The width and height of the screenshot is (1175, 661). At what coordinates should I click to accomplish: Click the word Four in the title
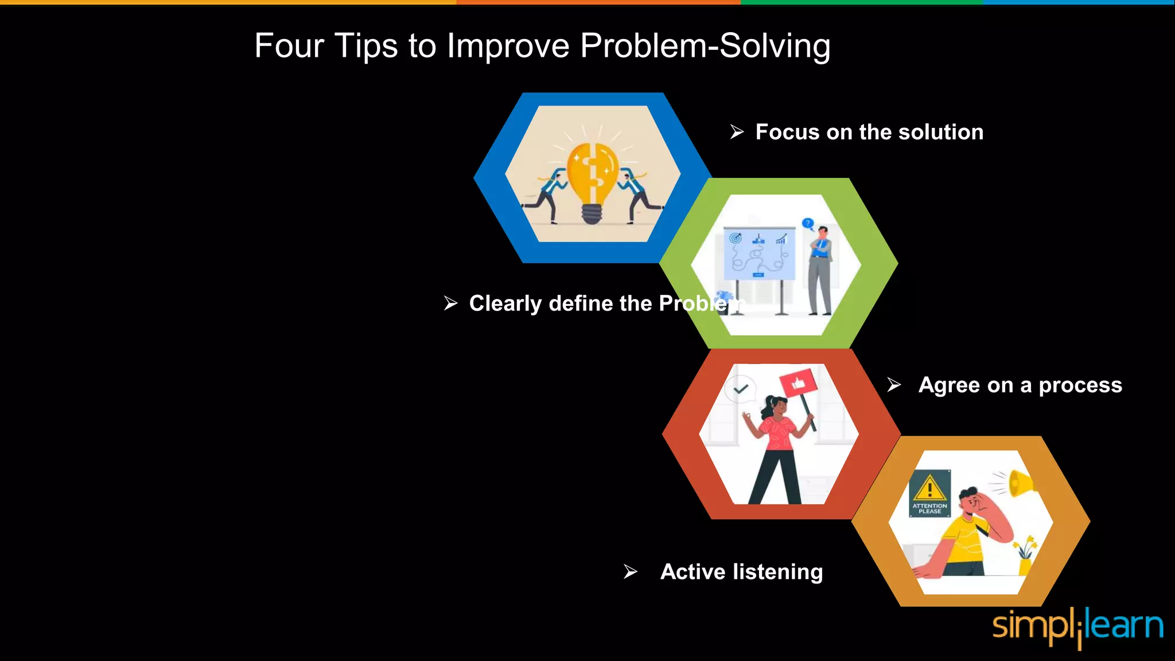click(289, 46)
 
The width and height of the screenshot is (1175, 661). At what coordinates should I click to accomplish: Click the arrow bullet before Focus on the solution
click(737, 132)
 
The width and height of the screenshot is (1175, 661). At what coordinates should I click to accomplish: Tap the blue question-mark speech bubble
click(808, 223)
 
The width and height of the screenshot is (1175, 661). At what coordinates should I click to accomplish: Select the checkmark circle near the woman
click(741, 389)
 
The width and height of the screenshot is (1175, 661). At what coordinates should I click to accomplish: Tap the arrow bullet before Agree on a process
click(894, 384)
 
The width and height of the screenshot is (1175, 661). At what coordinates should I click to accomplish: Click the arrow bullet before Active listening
click(631, 571)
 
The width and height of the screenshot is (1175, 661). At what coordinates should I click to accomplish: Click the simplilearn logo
click(1077, 627)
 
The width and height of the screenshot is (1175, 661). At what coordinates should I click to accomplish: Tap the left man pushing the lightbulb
click(548, 192)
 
